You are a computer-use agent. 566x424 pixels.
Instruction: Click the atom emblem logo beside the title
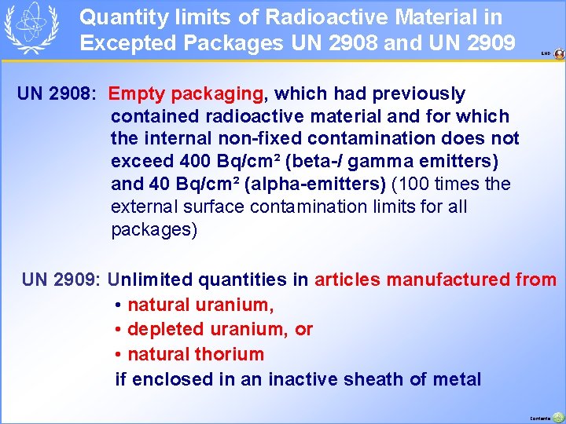[31, 28]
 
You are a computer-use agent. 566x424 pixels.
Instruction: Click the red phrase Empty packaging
[186, 94]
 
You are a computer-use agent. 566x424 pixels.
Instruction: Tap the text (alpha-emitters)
[315, 185]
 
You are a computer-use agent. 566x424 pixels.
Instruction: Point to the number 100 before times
[408, 185]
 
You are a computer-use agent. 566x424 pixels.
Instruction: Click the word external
[145, 207]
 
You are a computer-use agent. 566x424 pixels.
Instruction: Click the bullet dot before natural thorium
[118, 355]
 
